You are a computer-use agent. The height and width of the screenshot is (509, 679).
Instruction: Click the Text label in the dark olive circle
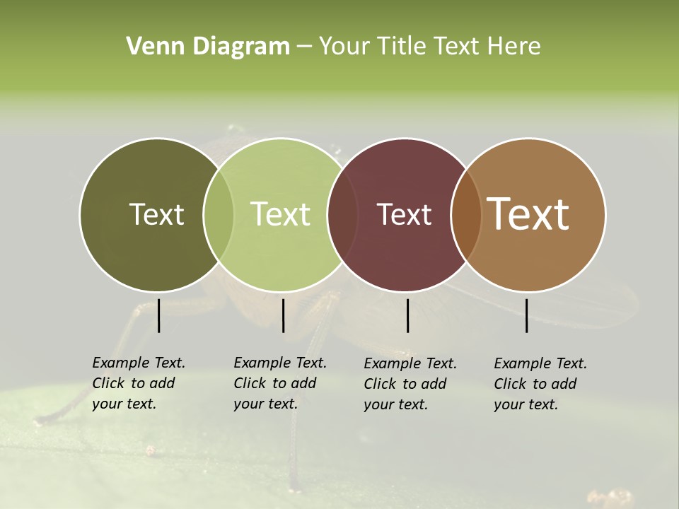tap(156, 214)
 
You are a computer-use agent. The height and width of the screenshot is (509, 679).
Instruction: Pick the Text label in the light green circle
tap(280, 214)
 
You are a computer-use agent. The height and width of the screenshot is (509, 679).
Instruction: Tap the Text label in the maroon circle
tap(404, 214)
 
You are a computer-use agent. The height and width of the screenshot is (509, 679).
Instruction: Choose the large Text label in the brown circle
tap(528, 214)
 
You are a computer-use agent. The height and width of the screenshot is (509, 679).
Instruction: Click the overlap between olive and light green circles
tap(219, 214)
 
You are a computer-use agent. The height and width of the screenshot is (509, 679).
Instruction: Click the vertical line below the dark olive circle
tap(159, 315)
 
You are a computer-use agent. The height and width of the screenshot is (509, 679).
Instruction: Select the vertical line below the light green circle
tap(283, 315)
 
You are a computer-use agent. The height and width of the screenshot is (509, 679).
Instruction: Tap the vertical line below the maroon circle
tap(407, 315)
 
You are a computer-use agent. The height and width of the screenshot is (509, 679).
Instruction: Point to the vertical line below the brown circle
tap(527, 315)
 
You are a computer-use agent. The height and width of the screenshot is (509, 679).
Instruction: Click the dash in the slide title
tap(304, 47)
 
